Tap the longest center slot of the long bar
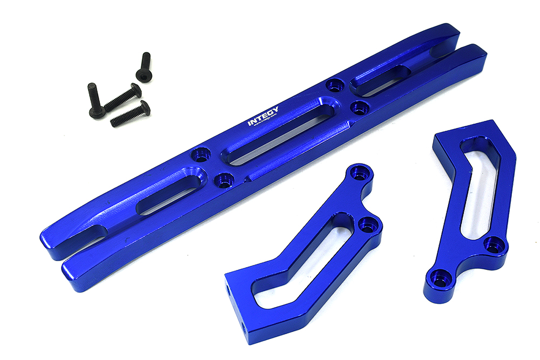(276, 130)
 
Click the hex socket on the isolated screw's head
(144, 74)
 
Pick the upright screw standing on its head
(95, 100)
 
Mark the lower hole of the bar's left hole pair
(222, 179)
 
